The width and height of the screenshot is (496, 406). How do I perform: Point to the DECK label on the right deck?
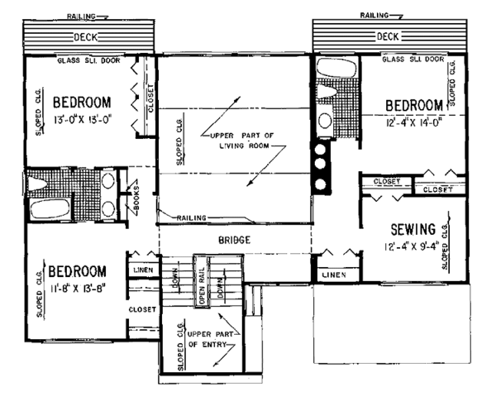[389, 36]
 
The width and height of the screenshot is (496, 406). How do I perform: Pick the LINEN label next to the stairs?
[141, 270]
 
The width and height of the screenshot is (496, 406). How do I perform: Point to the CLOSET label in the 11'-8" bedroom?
[142, 308]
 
